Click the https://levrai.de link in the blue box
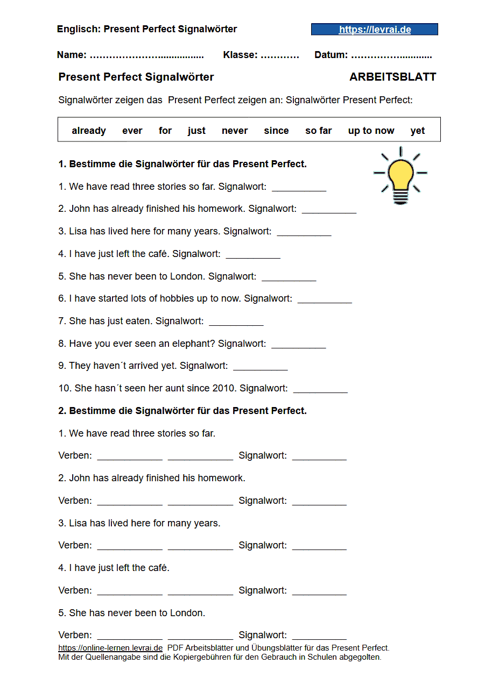375,30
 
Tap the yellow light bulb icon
400,175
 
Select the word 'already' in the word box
89,131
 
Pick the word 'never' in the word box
235,131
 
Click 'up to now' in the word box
371,131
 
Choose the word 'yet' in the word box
418,131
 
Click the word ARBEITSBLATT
392,77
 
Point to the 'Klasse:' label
240,55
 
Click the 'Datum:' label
331,55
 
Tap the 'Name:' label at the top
72,55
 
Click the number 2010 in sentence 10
223,388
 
